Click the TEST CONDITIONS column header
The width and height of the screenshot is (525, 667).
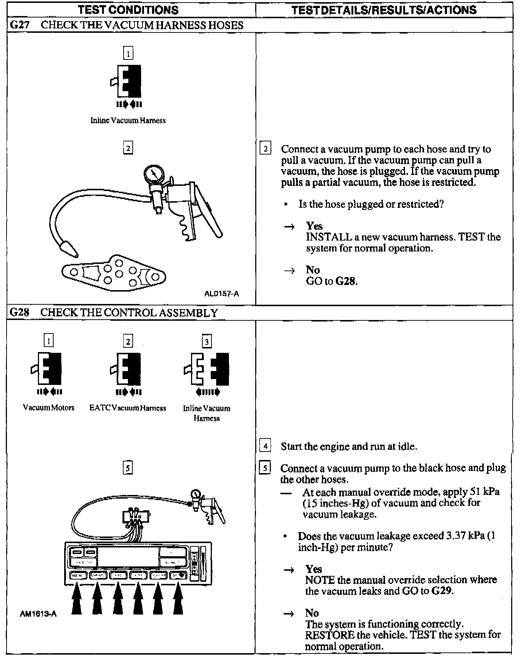click(128, 9)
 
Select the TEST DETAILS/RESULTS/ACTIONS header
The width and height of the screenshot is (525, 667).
click(384, 10)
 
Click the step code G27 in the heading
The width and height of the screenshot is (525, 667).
click(19, 25)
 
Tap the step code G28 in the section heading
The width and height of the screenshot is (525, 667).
click(19, 312)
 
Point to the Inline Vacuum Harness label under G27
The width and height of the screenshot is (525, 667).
click(128, 120)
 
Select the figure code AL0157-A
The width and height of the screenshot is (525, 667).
click(222, 293)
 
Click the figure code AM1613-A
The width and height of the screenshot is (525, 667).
click(38, 614)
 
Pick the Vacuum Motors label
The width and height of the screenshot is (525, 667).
click(48, 407)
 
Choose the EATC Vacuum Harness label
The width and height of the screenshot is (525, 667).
click(128, 408)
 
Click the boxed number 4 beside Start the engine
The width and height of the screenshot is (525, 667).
click(265, 446)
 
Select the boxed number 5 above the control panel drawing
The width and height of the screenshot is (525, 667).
click(128, 468)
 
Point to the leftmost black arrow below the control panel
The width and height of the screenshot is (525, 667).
click(77, 600)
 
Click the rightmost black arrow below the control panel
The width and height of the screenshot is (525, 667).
click(178, 600)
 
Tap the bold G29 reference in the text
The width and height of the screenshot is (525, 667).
click(442, 591)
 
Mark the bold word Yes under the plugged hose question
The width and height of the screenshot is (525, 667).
click(314, 226)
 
